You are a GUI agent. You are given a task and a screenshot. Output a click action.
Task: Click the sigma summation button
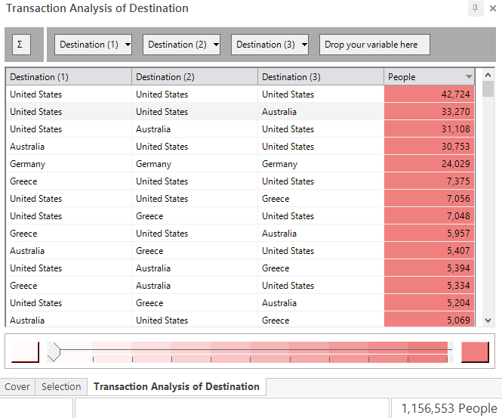[x=21, y=45]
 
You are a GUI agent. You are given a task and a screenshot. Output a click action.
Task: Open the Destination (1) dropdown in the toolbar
[x=93, y=45]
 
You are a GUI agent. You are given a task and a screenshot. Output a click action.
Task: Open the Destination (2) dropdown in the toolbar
[x=181, y=45]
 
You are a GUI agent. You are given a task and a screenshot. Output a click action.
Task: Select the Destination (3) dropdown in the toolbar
[x=270, y=45]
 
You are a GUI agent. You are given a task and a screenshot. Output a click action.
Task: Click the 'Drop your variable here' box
[x=374, y=45]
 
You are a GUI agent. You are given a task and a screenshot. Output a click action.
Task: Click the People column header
[x=429, y=77]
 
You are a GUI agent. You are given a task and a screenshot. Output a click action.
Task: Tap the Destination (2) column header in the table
[x=195, y=77]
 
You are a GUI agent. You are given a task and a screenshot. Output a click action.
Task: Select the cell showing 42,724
[x=429, y=94]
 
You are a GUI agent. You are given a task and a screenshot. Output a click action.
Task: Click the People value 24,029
[x=429, y=164]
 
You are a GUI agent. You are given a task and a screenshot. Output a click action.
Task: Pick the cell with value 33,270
[x=429, y=112]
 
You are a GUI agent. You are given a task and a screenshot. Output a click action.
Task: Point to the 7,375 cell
[x=429, y=181]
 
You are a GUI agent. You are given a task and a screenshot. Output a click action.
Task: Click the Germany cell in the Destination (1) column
[x=69, y=164]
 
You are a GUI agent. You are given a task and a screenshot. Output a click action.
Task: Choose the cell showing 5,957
[x=429, y=234]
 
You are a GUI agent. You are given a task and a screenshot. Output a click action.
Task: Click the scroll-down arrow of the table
[x=488, y=320]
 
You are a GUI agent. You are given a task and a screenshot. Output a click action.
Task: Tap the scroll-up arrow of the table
[x=488, y=75]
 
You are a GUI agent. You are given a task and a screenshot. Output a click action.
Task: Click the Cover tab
[x=17, y=386]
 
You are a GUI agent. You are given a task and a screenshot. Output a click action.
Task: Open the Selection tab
[x=61, y=386]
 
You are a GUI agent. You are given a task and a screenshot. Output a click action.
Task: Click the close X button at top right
[x=493, y=8]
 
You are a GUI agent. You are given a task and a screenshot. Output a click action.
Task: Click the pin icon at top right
[x=475, y=8]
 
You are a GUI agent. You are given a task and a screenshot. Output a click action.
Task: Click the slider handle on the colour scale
[x=54, y=351]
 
